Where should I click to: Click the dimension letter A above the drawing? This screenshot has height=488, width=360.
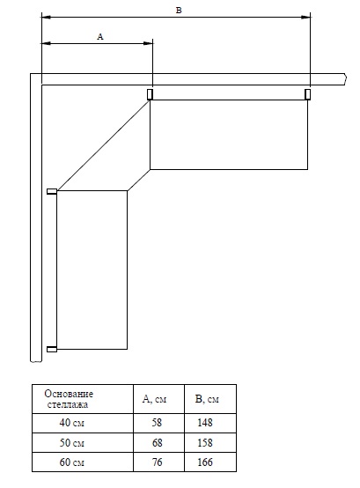pos(100,37)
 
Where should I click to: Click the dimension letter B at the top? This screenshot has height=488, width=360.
pos(179,11)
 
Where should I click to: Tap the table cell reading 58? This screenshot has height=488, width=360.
pos(157,422)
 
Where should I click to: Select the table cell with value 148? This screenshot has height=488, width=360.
pos(205,422)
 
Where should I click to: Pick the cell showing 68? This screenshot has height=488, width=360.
pos(157,442)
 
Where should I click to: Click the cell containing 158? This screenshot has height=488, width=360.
pos(205,442)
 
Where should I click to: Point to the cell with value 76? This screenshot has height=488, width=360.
pos(157,462)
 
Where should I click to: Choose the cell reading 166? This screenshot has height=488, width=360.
pos(205,462)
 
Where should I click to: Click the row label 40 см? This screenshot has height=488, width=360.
pos(72,423)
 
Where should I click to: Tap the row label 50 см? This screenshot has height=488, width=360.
pos(72,442)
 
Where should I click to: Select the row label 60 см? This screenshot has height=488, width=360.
pos(72,462)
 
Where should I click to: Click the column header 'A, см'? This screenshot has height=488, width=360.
pos(154,399)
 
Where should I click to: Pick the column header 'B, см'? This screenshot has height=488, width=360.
pos(207,399)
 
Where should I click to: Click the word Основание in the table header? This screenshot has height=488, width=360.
pos(69,394)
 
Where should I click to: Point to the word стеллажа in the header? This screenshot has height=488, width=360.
pos(68,404)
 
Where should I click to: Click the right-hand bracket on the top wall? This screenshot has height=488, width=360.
pos(307,94)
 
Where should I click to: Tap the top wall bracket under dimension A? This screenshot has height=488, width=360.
pos(150,94)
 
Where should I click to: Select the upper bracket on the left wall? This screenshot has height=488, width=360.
pos(52,191)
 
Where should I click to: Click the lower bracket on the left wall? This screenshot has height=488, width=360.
pos(52,349)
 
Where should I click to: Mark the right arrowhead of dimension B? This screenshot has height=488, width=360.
pos(306,17)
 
